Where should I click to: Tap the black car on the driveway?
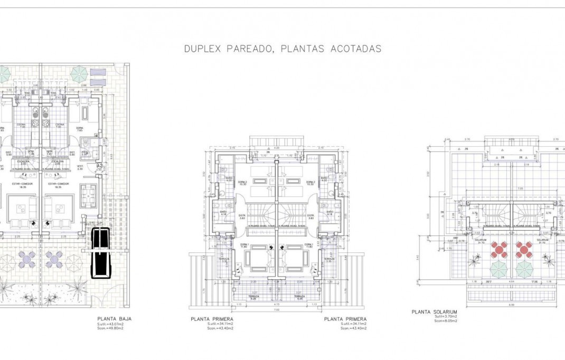pyautogui.click(x=100, y=253)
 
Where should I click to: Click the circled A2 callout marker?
pyautogui.click(x=99, y=167)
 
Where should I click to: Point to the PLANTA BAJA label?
pyautogui.click(x=114, y=319)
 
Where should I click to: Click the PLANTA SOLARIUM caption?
pyautogui.click(x=434, y=312)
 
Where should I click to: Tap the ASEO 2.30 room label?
pyautogui.click(x=84, y=153)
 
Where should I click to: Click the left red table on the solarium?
pyautogui.click(x=498, y=249)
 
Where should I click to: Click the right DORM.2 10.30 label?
pyautogui.click(x=310, y=183)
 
